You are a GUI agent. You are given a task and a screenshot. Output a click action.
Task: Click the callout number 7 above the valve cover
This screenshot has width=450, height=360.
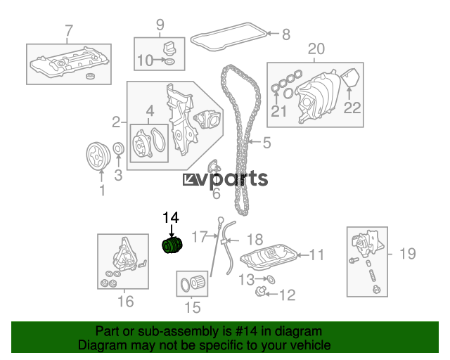tap(68, 30)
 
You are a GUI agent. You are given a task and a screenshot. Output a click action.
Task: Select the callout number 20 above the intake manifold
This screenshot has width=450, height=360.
tap(316, 49)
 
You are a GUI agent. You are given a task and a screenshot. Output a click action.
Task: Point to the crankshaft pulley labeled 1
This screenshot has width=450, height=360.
tap(95, 154)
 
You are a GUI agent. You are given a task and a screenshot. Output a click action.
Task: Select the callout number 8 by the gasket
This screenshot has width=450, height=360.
tap(286, 33)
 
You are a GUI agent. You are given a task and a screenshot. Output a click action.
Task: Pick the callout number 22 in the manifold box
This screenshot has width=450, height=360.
tap(352, 108)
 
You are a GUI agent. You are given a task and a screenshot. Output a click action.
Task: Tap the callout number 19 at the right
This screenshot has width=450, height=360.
tap(407, 254)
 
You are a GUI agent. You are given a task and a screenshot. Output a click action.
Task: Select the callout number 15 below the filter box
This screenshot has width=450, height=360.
tap(191, 307)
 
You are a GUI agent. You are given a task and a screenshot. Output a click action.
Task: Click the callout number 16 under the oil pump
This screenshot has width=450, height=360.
tap(124, 302)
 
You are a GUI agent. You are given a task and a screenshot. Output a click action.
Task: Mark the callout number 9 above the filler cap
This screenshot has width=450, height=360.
tap(160, 26)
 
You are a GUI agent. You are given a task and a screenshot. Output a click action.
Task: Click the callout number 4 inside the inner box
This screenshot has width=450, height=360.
tap(150, 111)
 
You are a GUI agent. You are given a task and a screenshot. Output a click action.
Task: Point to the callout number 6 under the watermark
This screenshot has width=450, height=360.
tap(216, 192)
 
